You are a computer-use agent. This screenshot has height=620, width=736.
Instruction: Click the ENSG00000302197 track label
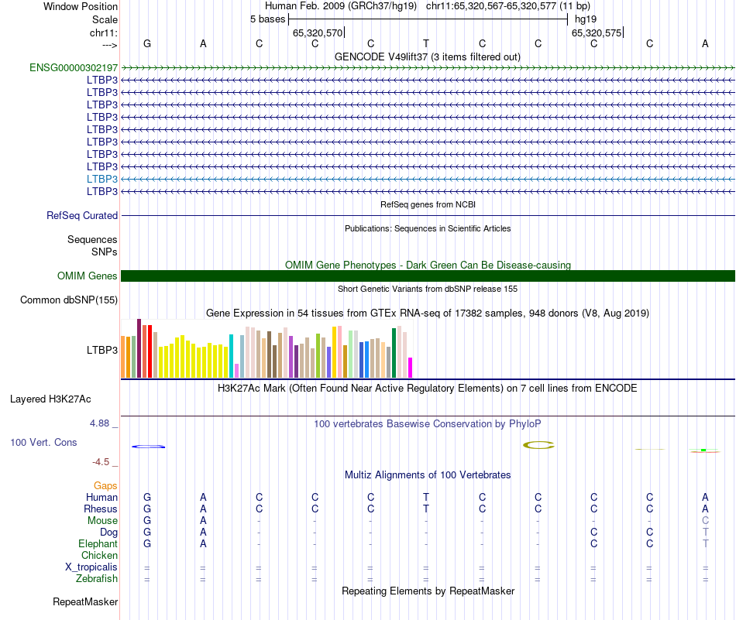73,68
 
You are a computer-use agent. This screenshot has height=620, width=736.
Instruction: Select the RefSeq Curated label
82,216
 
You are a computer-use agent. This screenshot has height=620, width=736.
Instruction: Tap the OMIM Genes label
88,276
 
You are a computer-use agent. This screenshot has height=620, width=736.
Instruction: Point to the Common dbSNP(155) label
69,300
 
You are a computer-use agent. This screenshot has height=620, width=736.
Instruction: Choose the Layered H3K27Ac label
50,400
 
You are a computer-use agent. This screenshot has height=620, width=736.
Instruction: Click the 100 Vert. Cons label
43,442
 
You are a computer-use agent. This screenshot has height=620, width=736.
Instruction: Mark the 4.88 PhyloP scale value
101,423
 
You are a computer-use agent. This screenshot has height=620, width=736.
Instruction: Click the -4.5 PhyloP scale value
101,462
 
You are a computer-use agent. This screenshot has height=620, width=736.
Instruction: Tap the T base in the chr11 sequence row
426,44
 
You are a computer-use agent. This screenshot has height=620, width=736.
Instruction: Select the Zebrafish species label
97,579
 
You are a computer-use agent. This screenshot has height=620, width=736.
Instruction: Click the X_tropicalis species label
91,567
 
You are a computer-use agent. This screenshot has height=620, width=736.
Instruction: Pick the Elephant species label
98,544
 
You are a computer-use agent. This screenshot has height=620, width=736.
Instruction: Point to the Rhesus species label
101,509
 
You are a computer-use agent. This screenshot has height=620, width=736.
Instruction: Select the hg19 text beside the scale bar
586,19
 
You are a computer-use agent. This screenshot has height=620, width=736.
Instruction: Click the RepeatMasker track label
85,601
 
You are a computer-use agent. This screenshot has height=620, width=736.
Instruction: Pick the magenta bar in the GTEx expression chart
411,368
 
